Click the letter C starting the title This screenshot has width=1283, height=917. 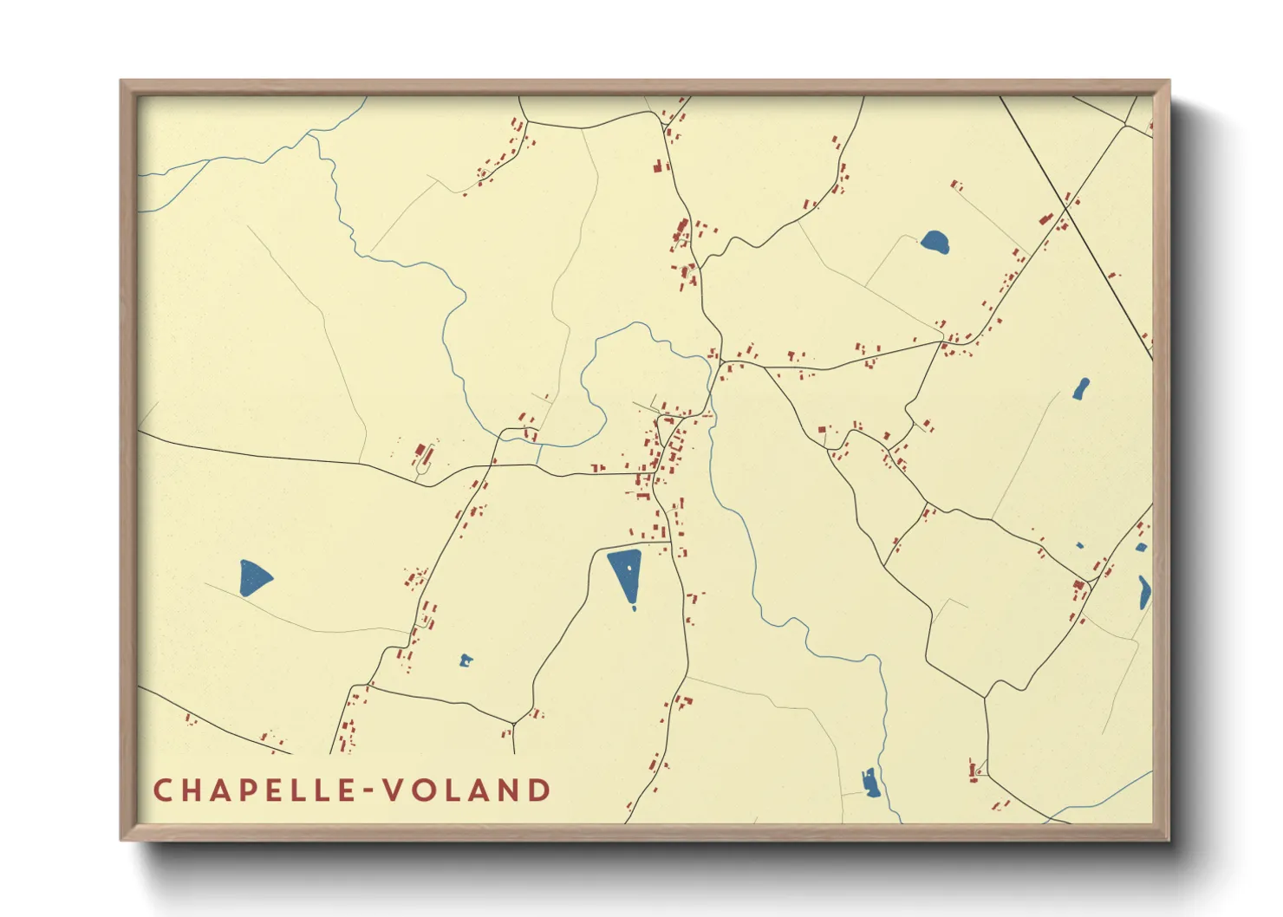click(x=162, y=790)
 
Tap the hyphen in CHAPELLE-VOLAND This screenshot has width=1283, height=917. click(x=370, y=790)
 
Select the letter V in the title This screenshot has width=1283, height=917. click(x=394, y=790)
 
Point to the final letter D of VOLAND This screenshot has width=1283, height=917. click(x=539, y=790)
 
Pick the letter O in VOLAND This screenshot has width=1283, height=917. click(x=424, y=790)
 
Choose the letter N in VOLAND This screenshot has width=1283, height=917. click(x=510, y=790)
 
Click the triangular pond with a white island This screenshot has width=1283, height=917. click(x=625, y=572)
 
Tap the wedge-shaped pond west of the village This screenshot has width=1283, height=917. click(x=253, y=577)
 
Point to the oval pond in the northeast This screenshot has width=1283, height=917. click(x=935, y=241)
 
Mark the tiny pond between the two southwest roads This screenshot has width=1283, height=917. click(x=466, y=661)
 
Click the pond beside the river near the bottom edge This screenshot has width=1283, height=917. click(x=870, y=782)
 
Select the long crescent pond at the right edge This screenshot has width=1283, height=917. click(x=1145, y=592)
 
